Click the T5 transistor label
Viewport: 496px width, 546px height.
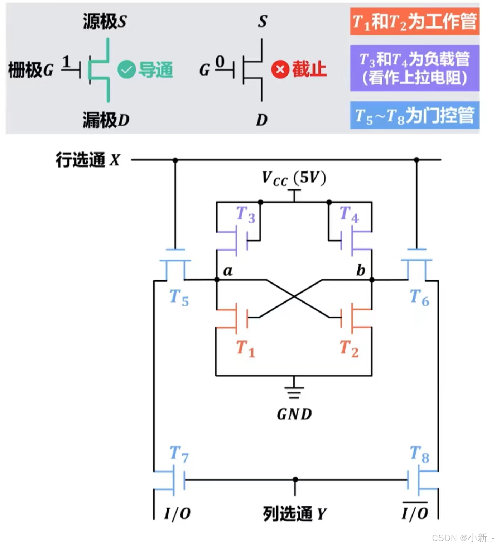pyautogui.click(x=179, y=298)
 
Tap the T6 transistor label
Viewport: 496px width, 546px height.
pyautogui.click(x=419, y=298)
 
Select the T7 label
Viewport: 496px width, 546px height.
pyautogui.click(x=179, y=454)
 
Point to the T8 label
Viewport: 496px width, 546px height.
pyautogui.click(x=419, y=454)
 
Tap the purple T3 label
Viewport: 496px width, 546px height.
pyautogui.click(x=246, y=214)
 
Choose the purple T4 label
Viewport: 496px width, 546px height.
pyautogui.click(x=349, y=214)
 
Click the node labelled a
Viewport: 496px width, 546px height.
pyautogui.click(x=217, y=280)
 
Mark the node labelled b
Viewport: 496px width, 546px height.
pyautogui.click(x=372, y=280)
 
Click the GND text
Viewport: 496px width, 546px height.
pyautogui.click(x=294, y=414)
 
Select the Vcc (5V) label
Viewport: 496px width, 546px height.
pyautogui.click(x=294, y=178)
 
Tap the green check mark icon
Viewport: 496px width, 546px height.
pyautogui.click(x=126, y=69)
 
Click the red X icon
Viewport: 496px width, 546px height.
pyautogui.click(x=280, y=69)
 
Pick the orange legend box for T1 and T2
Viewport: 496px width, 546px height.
pyautogui.click(x=414, y=21)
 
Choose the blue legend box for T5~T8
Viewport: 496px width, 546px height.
pyautogui.click(x=414, y=116)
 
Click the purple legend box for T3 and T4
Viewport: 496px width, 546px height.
pyautogui.click(x=414, y=68)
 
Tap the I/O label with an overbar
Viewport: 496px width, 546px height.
pyautogui.click(x=415, y=513)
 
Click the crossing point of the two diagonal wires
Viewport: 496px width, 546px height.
pyautogui.click(x=294, y=296)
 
